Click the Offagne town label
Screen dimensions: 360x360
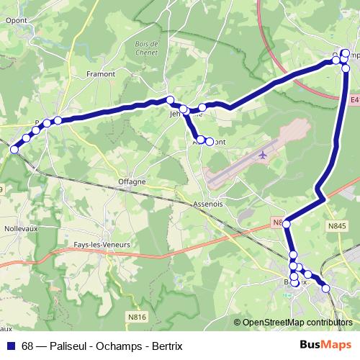click(132, 181)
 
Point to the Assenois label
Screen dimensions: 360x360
click(209, 204)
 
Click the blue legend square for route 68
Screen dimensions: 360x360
click(11, 346)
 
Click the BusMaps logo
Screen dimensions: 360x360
click(325, 346)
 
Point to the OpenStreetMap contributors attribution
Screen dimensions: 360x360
click(297, 323)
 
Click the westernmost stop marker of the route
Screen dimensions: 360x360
click(14, 149)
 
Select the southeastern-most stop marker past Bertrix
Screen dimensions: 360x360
click(326, 289)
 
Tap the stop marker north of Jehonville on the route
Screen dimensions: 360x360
click(170, 100)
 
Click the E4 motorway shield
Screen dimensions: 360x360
click(354, 102)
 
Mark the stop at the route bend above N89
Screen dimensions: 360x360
click(287, 224)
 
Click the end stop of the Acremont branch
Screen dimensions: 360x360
click(210, 142)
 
